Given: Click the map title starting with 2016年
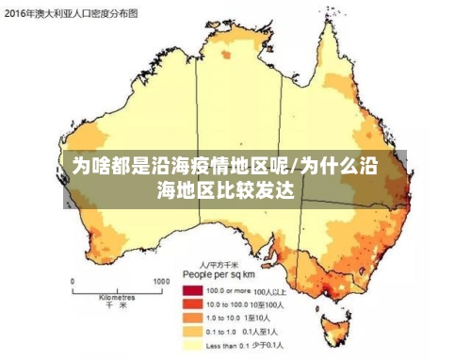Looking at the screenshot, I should (71, 14).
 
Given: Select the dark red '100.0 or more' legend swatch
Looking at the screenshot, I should (193, 290).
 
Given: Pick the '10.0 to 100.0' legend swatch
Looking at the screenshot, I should (193, 304).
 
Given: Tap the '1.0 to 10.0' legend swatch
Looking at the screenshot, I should (193, 319).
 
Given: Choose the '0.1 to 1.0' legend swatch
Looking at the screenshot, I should (193, 332).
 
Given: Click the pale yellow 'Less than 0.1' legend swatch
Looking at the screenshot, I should (193, 346).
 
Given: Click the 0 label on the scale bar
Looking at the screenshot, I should (73, 281).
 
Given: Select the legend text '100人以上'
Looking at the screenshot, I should (269, 291).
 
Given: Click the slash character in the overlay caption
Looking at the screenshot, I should (295, 168).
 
